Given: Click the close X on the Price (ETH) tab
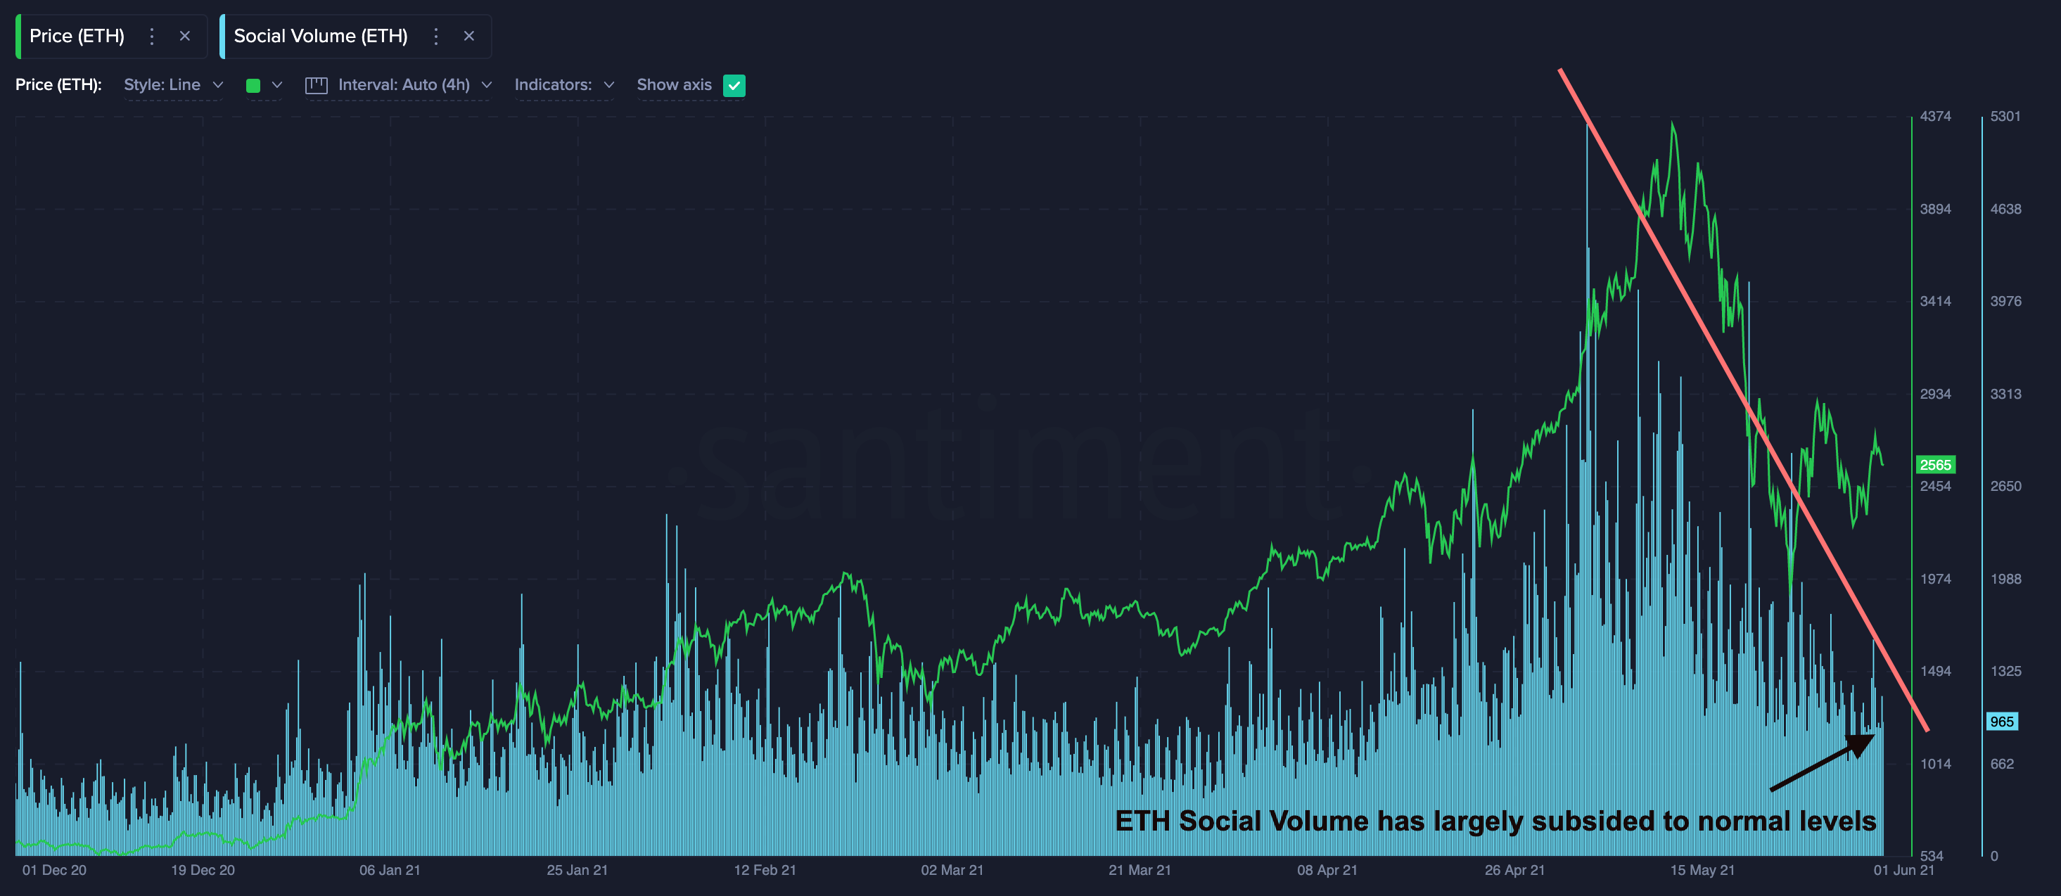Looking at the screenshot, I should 185,36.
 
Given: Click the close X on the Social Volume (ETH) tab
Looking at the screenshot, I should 469,36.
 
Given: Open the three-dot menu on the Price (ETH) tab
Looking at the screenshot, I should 152,36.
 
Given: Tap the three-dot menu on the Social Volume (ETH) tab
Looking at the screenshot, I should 436,36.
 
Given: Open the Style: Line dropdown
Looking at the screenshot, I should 173,85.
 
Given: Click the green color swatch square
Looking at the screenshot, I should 253,86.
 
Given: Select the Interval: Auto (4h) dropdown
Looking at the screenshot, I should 404,85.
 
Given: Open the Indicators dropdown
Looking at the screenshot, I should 563,85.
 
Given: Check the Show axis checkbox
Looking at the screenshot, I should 734,86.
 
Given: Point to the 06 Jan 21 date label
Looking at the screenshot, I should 390,869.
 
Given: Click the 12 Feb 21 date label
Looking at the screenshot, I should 765,869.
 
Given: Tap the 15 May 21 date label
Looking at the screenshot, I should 1702,869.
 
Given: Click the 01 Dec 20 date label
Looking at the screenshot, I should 54,869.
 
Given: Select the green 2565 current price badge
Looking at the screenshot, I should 1934,465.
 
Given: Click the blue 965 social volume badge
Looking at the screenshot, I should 2002,722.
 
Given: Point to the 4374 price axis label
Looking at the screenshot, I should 1934,116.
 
